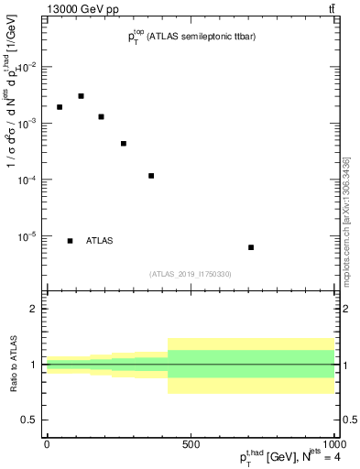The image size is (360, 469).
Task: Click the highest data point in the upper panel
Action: tap(81, 96)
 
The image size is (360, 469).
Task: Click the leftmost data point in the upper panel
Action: tap(60, 107)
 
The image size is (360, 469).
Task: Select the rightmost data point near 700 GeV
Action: tap(251, 247)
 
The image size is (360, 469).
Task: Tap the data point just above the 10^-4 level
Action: tap(151, 176)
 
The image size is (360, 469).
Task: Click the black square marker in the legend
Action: tap(71, 241)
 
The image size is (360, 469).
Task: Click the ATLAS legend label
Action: tap(100, 241)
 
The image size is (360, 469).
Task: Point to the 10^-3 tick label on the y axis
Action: tap(28, 124)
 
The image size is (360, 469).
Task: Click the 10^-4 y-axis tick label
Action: tap(28, 180)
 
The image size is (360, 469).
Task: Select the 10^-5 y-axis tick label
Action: tap(28, 236)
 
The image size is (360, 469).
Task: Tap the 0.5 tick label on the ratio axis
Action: tap(30, 420)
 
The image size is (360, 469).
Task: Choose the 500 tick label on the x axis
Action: tap(190, 444)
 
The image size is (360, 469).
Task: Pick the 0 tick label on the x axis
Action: tap(47, 444)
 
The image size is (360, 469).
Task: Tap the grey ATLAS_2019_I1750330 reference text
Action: tap(191, 274)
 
